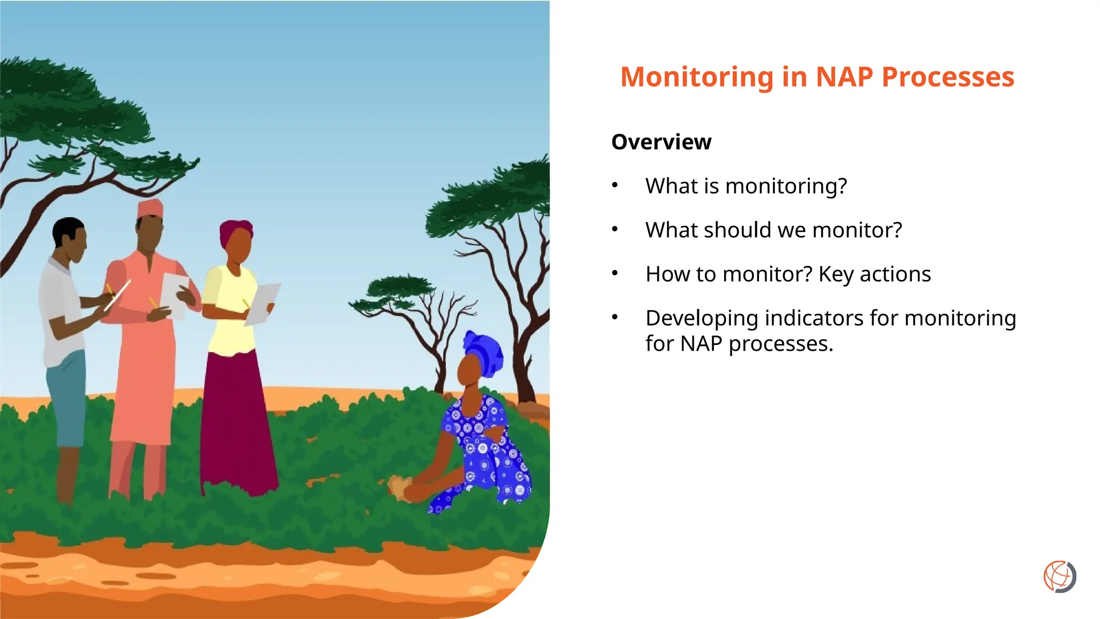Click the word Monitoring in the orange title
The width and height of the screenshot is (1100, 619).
[x=697, y=77]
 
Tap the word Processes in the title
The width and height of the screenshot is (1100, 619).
[x=947, y=77]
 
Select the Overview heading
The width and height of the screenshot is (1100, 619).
[x=661, y=142]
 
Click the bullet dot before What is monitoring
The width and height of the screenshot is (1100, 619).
[x=615, y=185]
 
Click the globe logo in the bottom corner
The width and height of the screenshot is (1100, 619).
[x=1059, y=577]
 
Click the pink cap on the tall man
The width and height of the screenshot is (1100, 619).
[x=150, y=208]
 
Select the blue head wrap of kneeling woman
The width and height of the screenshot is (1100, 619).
[x=484, y=352]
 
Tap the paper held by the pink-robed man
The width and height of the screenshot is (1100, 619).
[x=175, y=293]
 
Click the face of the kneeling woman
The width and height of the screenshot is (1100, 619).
[x=468, y=371]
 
